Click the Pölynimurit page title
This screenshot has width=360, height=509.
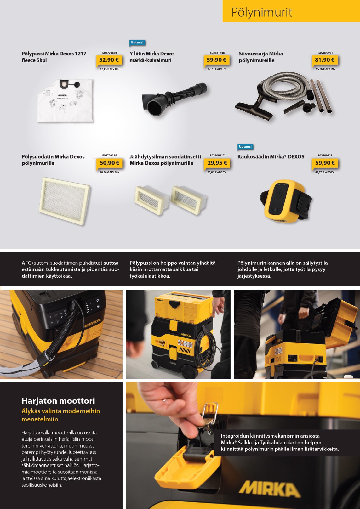tap(261, 13)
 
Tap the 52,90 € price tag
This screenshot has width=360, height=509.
tap(109, 60)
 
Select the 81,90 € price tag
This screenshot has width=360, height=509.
tap(324, 60)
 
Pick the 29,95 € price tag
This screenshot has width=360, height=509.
tap(217, 163)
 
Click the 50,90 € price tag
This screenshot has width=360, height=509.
tap(109, 163)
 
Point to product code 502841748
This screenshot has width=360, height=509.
tap(217, 53)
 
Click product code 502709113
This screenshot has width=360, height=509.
tap(325, 156)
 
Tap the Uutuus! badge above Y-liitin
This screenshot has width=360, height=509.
tap(137, 42)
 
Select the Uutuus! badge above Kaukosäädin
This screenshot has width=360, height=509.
tap(245, 147)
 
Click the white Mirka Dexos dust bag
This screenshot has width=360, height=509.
tap(65, 100)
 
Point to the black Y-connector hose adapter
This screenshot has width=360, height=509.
tap(174, 99)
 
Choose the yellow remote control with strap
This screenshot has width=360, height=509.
tap(286, 201)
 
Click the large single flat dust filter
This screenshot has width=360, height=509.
tap(65, 201)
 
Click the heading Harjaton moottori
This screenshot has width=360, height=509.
tap(58, 401)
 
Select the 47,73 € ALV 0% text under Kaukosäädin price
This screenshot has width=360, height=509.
tap(325, 172)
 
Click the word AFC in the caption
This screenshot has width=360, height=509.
tap(26, 263)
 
